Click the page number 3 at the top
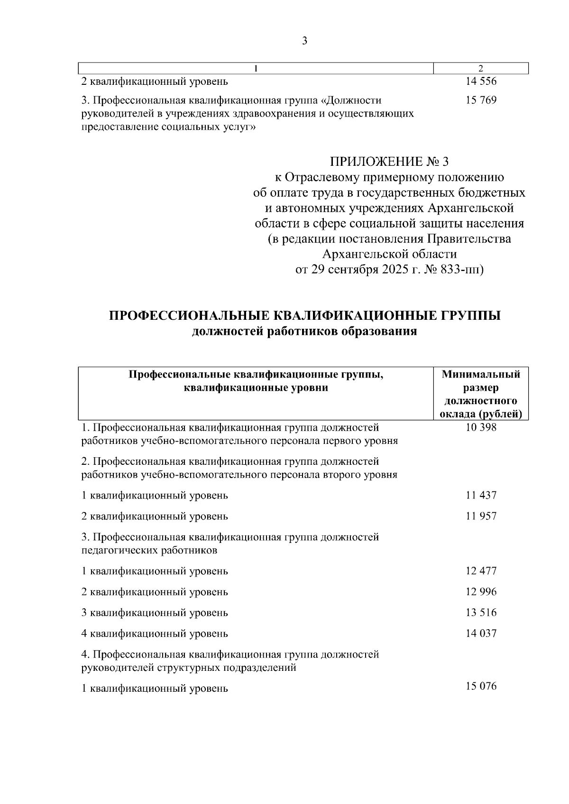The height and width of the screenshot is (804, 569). tap(304, 41)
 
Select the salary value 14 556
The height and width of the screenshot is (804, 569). tap(481, 81)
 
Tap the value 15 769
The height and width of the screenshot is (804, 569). tap(481, 100)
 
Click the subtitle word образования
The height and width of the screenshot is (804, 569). tap(381, 331)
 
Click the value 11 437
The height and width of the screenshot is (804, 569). tap(481, 496)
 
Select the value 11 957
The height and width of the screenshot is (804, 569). tap(481, 516)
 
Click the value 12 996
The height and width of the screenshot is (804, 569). tap(481, 592)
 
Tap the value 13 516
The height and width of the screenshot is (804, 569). tap(481, 613)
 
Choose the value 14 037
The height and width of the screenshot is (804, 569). tap(481, 633)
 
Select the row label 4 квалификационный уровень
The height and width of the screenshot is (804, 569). tap(155, 633)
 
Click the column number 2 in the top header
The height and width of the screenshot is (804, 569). tap(481, 68)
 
